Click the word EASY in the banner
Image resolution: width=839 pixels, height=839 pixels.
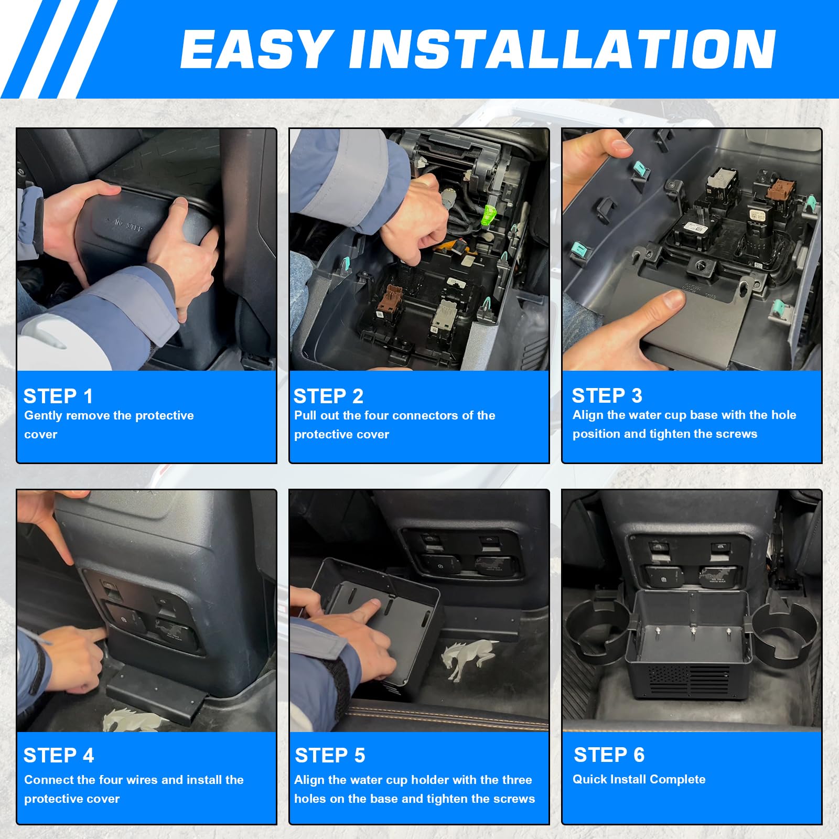(257, 49)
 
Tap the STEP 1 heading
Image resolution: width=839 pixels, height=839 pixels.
(58, 396)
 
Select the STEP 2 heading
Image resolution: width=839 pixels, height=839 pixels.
(328, 396)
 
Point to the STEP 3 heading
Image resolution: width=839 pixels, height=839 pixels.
(607, 395)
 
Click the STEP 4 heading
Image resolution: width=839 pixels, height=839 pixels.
(59, 756)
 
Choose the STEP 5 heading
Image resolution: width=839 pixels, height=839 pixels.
(330, 756)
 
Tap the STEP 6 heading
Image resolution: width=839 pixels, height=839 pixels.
(609, 755)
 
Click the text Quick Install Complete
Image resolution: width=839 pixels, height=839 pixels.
(639, 779)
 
